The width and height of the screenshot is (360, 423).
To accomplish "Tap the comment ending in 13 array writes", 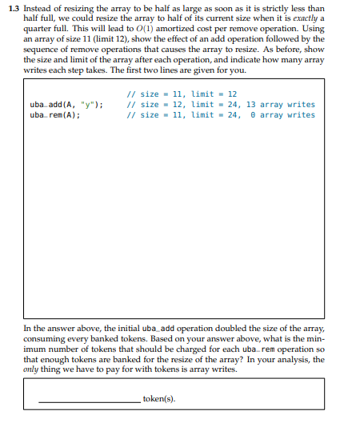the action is click(x=221, y=105).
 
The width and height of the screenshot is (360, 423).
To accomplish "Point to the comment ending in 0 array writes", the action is click(x=221, y=114).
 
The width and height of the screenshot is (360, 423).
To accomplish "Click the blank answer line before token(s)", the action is click(x=88, y=400).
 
